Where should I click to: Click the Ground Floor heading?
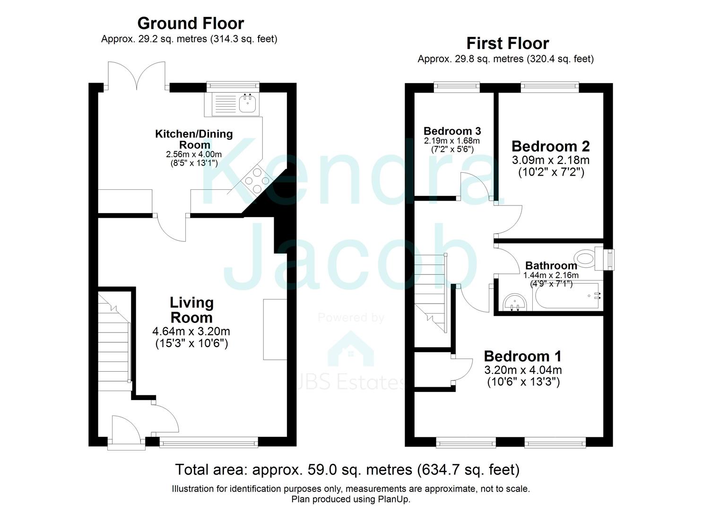(x=191, y=24)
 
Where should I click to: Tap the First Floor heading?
(x=508, y=43)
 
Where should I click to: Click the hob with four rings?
(x=257, y=181)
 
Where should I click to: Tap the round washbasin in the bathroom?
(x=515, y=302)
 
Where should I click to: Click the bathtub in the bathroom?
(x=567, y=296)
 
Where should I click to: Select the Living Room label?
(x=191, y=310)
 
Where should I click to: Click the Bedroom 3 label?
(x=452, y=131)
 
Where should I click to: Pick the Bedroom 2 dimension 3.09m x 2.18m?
(x=551, y=160)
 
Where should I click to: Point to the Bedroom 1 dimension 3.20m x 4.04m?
(x=523, y=370)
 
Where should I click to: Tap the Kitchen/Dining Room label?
(x=194, y=139)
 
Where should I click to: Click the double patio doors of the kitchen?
(x=137, y=75)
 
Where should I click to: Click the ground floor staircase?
(x=115, y=341)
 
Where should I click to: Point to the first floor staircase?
(x=431, y=292)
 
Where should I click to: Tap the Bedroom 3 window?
(x=457, y=87)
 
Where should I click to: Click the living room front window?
(x=209, y=442)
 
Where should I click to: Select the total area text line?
(x=347, y=469)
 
